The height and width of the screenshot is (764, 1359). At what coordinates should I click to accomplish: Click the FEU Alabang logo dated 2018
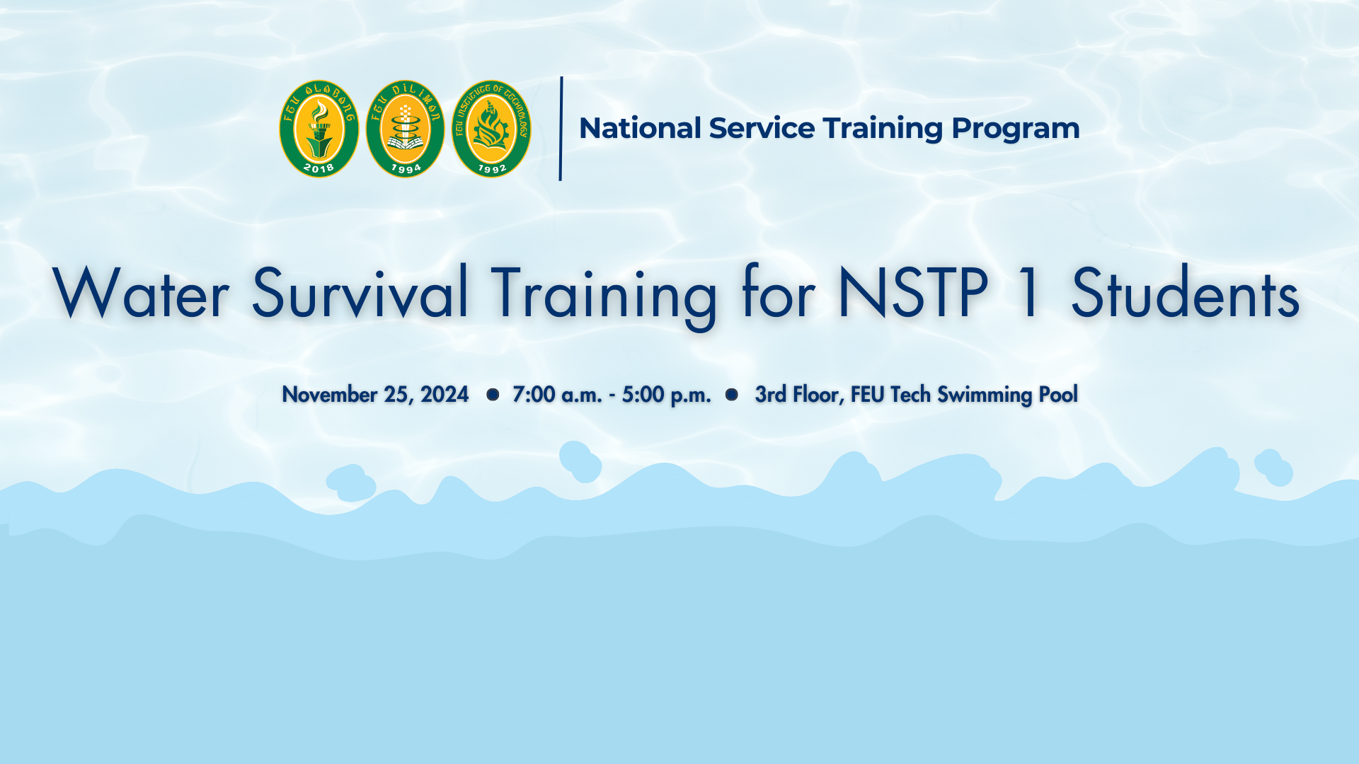pyautogui.click(x=319, y=129)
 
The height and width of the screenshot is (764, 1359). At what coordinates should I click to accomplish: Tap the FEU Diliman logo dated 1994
pyautogui.click(x=405, y=129)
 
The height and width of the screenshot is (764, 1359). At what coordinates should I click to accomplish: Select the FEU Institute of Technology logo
pyautogui.click(x=491, y=129)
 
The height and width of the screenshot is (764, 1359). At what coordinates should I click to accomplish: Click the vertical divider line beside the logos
pyautogui.click(x=561, y=129)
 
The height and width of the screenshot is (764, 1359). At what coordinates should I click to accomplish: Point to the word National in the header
pyautogui.click(x=640, y=128)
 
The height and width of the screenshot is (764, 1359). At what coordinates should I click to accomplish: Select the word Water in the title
pyautogui.click(x=141, y=294)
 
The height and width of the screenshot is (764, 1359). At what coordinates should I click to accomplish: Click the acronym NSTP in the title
pyautogui.click(x=913, y=293)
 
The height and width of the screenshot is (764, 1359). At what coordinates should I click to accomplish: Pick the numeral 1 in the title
pyautogui.click(x=1029, y=293)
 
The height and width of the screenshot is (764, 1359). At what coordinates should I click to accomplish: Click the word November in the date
pyautogui.click(x=329, y=394)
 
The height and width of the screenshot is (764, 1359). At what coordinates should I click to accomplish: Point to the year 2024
pyautogui.click(x=445, y=394)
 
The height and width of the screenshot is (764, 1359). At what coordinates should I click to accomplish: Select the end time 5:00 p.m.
pyautogui.click(x=666, y=395)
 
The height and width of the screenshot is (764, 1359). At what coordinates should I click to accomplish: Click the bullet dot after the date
pyautogui.click(x=493, y=394)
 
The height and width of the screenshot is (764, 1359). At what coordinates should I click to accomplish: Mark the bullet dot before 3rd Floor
pyautogui.click(x=732, y=394)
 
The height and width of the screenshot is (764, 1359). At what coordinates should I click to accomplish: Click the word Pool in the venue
pyautogui.click(x=1058, y=394)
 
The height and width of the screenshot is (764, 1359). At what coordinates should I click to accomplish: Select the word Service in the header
pyautogui.click(x=762, y=128)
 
